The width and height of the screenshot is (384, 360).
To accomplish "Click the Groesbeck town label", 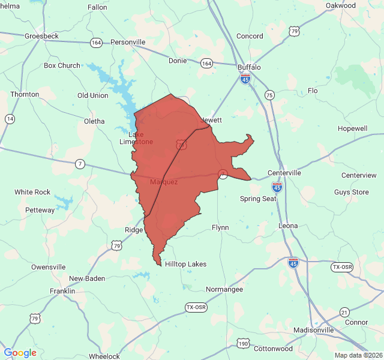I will point(41,36).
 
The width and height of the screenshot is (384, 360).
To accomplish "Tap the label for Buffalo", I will point(249,67).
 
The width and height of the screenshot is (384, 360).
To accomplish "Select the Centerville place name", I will point(284,173).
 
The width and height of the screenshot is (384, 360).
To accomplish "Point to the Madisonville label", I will point(314,331).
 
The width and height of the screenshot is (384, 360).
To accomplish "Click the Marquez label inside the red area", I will point(164,182).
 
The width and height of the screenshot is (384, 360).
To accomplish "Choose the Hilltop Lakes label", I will point(185,264).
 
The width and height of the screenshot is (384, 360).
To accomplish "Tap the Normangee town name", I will point(224,289).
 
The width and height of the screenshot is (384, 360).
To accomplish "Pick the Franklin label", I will point(62,291).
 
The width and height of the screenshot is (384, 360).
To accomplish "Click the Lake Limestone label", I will point(136,138).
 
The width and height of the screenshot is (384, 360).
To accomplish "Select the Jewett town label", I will point(211,120).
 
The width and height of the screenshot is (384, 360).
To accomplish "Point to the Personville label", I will point(128,42).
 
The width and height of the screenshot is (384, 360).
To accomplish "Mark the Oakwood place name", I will point(341,5).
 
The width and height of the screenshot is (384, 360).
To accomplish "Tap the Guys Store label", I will point(352,192).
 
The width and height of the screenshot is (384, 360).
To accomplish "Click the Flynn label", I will point(220,227).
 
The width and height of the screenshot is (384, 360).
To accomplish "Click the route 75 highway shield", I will point(269,95).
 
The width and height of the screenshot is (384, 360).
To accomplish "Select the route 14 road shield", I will point(10,119).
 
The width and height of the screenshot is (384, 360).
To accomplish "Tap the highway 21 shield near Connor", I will point(344,312).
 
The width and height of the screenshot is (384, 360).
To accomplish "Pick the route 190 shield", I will point(242,344).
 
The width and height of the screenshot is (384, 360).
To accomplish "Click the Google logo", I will point(20,353).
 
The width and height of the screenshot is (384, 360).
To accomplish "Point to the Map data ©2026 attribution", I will point(358,355).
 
